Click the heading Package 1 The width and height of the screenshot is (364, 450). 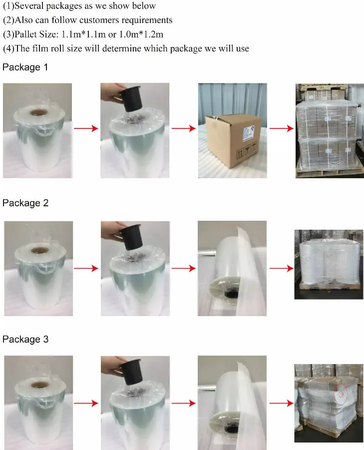click(25, 67)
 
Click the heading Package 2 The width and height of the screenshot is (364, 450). click(25, 203)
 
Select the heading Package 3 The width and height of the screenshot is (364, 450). click(25, 339)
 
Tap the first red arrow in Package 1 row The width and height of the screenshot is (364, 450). click(85, 129)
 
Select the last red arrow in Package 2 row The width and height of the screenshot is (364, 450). click(281, 269)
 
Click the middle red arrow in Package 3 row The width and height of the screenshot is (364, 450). click(183, 403)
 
